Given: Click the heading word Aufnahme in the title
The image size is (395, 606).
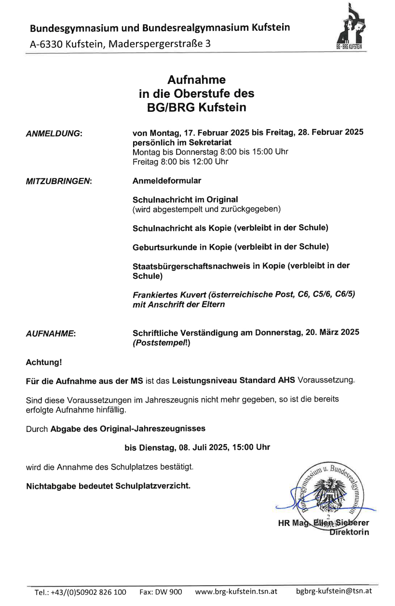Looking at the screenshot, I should tap(196, 80).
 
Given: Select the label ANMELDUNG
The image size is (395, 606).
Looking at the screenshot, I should tap(54, 133).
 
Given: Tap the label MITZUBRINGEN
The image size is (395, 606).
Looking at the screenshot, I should tap(58, 181).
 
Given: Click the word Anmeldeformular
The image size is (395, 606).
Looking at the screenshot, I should tap(167, 181).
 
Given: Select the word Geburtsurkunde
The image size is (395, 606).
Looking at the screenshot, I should tap(165, 247).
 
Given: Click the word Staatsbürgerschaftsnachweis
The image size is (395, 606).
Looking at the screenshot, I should tap(191, 266).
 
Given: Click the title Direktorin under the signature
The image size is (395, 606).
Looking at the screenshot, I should tap(349, 532).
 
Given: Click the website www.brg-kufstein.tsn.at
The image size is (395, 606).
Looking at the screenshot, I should tap(236, 591).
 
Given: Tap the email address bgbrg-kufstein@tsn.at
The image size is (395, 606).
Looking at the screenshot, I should tap(333, 591).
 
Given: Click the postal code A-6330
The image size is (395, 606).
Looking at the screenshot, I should tap(46, 44).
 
